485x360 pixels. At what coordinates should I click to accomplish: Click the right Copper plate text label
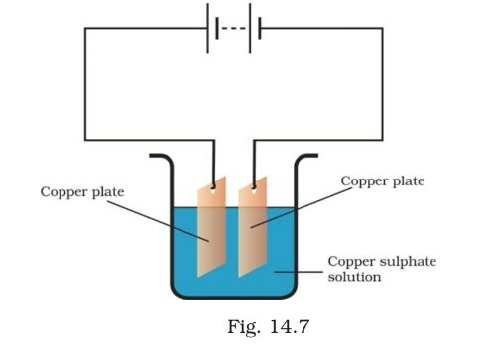click(382, 181)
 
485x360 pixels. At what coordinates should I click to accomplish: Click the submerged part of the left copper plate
click(212, 243)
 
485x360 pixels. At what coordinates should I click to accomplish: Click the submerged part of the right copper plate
click(255, 243)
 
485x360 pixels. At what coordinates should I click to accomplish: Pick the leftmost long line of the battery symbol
click(208, 27)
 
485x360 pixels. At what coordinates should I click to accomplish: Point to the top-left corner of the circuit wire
click(85, 28)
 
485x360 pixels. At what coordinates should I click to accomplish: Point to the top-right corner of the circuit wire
click(382, 28)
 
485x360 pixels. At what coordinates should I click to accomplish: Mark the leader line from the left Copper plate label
click(159, 220)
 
